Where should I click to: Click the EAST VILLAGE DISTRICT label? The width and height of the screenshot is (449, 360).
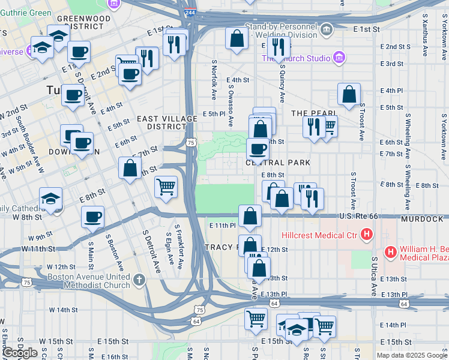(167, 122)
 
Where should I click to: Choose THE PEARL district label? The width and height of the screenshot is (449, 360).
(314, 113)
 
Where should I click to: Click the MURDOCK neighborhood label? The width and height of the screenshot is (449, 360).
(423, 219)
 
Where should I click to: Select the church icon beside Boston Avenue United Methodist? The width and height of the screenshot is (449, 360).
(139, 280)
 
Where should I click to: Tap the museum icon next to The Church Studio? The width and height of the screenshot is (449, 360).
(339, 58)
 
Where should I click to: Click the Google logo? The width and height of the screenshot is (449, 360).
(20, 353)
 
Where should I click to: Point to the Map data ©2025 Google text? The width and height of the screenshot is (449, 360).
(412, 355)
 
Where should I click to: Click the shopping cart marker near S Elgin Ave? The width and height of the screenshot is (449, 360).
(166, 185)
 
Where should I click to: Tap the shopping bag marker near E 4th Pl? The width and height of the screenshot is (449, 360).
(349, 94)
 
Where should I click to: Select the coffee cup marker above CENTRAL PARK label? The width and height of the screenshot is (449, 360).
(258, 148)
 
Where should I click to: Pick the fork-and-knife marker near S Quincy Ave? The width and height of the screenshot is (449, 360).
(277, 47)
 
